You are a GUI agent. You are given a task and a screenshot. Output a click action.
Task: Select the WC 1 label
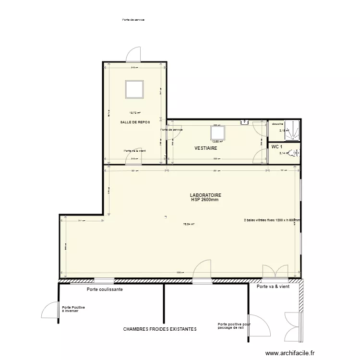click(276, 146)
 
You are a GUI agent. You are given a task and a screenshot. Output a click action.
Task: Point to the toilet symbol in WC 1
click(296, 154)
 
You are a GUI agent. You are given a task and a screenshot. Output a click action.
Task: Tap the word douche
click(277, 124)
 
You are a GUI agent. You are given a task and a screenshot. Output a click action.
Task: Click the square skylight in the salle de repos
click(134, 89)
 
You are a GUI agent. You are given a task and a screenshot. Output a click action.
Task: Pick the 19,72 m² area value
click(134, 113)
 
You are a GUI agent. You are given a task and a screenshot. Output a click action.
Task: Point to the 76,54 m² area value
click(188, 224)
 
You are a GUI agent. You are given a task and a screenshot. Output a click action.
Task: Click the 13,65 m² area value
click(217, 142)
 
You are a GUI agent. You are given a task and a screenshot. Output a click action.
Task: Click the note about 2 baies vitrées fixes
click(272, 220)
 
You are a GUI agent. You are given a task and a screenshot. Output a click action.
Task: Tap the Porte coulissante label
click(105, 290)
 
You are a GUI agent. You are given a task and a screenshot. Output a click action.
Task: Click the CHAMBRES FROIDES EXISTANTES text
click(160, 329)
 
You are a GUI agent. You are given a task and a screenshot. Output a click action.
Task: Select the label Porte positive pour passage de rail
click(234, 326)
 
